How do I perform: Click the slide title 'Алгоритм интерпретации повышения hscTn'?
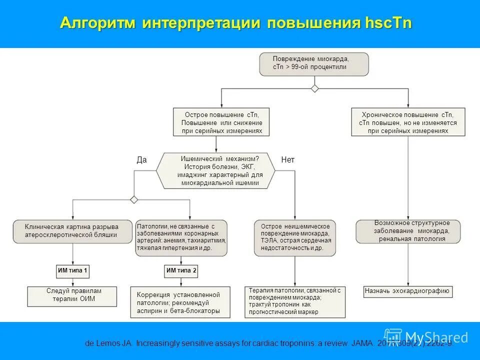point(236,23)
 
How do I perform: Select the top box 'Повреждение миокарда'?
point(313,64)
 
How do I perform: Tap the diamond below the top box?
point(314,88)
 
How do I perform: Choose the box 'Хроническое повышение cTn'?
point(408,122)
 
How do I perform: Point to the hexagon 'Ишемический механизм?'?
point(216,171)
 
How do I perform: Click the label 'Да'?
point(141,160)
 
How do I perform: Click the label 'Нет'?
point(288,160)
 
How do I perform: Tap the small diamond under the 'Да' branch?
point(134,199)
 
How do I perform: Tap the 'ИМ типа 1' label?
point(73,271)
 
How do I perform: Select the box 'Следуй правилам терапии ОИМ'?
point(72,295)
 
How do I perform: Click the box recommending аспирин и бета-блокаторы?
point(181,302)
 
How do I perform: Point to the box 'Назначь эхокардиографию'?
point(407,291)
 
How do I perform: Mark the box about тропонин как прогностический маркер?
point(294,301)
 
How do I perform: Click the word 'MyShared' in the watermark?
point(436,337)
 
